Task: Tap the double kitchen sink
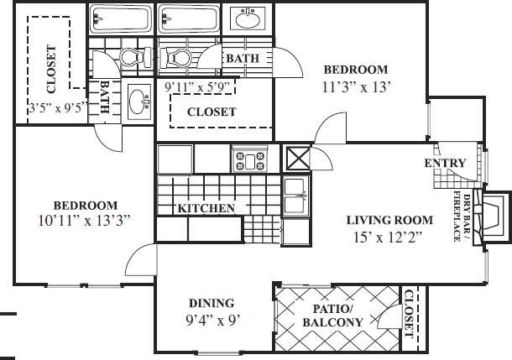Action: coord(295,198)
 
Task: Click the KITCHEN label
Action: coord(206,208)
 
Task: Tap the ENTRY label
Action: coord(445,163)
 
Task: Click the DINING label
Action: coord(211,303)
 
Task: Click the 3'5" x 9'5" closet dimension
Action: coord(58,108)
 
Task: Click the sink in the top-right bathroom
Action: coord(249,18)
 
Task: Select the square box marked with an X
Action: coord(298,159)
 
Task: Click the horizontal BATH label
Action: coord(242,59)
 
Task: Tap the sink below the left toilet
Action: coord(137,102)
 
